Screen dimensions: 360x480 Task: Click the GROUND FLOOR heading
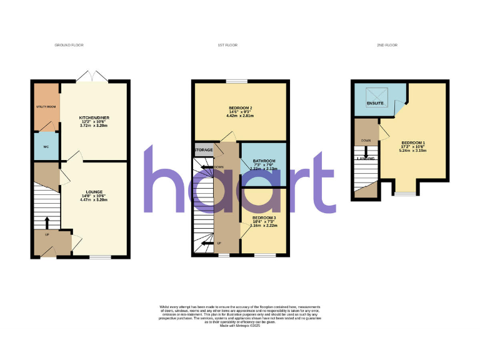pos(69,46)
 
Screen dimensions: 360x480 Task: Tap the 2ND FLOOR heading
pos(388,46)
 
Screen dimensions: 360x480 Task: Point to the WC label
pos(46,147)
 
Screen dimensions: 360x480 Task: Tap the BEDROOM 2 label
pos(239,107)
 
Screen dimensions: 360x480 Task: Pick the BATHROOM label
pos(262,161)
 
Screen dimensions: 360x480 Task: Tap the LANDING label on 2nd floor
pos(366,159)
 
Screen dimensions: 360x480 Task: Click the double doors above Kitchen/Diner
pos(92,76)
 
